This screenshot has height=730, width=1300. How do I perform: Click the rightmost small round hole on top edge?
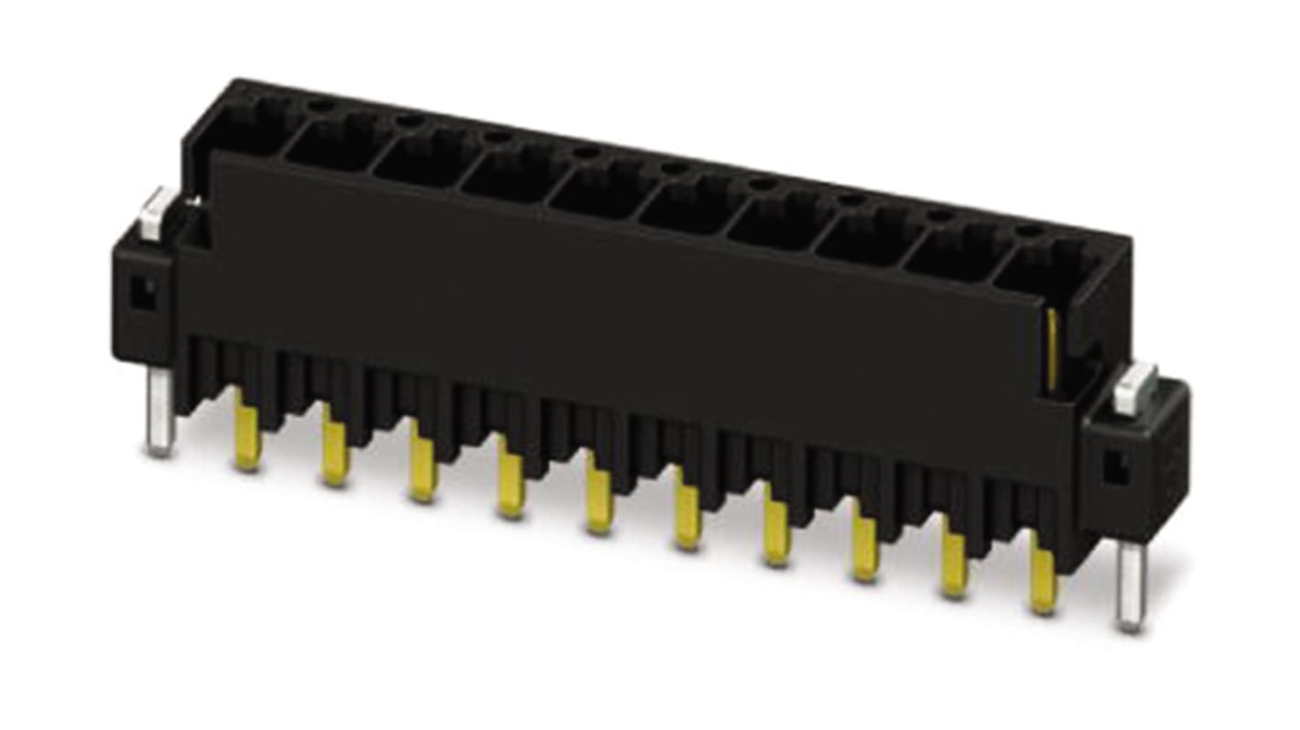click(1029, 231)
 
